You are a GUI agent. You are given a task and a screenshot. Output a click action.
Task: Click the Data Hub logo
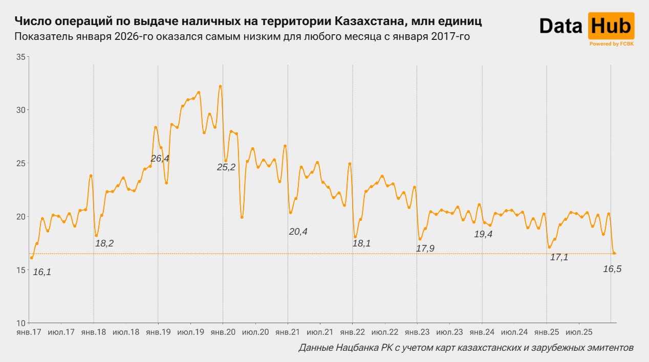(x=587, y=27)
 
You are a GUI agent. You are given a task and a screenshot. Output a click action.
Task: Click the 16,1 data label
(x=42, y=273)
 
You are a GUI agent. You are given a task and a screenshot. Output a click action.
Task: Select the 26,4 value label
(x=160, y=159)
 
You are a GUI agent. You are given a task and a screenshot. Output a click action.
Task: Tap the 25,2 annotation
(x=226, y=167)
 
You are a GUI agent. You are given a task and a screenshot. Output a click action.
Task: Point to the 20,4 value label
(x=298, y=232)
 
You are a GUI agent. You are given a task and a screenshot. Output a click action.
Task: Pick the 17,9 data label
(x=425, y=248)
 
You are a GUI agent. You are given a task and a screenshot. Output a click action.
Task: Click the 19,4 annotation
(x=483, y=234)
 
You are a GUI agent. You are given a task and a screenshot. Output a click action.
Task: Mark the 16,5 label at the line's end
(x=612, y=269)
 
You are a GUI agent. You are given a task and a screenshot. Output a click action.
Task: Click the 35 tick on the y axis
(x=20, y=57)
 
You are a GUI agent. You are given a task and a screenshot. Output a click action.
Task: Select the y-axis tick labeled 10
(x=20, y=323)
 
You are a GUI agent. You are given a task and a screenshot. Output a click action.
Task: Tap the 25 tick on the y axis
(x=20, y=163)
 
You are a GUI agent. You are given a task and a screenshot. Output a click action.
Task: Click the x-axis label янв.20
(x=223, y=332)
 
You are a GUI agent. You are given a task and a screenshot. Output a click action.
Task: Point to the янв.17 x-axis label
(x=29, y=332)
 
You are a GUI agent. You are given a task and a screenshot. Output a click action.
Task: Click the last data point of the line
(x=615, y=254)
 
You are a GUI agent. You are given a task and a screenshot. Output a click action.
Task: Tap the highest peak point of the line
(x=220, y=86)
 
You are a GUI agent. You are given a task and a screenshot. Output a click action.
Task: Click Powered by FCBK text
(x=612, y=44)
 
